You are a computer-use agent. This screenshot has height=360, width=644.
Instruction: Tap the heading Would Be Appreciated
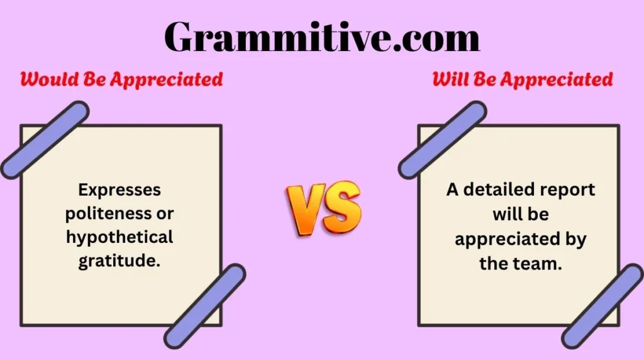[121, 79]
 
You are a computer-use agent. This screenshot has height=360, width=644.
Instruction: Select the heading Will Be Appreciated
[522, 79]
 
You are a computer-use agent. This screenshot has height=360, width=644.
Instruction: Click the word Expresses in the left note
[119, 189]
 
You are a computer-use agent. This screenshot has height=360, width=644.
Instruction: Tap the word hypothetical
[119, 237]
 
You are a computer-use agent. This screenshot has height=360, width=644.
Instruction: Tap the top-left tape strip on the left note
[45, 139]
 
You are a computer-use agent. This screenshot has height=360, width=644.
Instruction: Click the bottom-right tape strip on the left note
[205, 306]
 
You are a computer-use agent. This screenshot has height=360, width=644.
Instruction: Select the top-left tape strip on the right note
[442, 139]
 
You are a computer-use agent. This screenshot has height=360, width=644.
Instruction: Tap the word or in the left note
[165, 213]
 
